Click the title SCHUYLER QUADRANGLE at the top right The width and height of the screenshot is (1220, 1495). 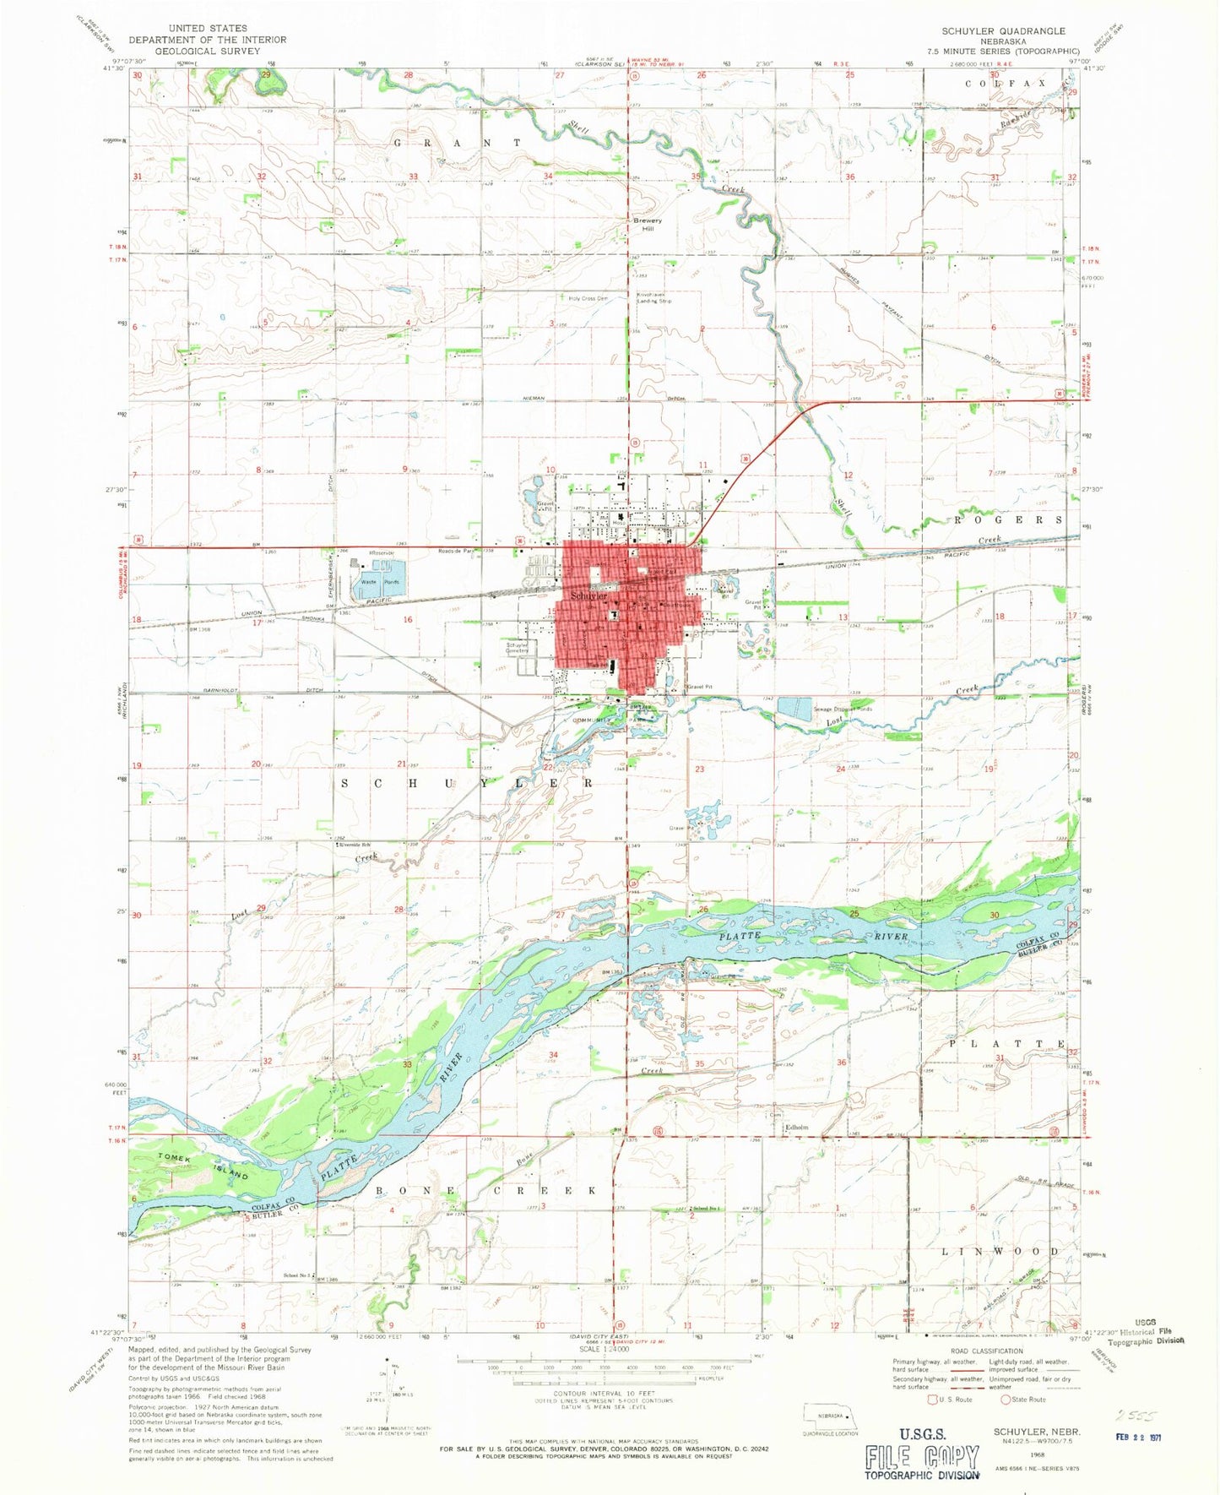click(x=1004, y=31)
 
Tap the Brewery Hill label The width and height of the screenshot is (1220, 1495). click(x=648, y=225)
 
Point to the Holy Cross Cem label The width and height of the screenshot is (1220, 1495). click(x=588, y=298)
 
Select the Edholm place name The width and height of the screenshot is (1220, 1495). click(x=797, y=1128)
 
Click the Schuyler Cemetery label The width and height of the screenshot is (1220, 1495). click(x=517, y=648)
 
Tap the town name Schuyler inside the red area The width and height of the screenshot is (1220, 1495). click(x=588, y=595)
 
